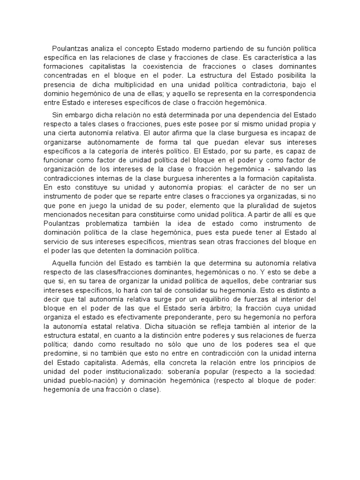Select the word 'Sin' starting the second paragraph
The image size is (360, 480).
58,116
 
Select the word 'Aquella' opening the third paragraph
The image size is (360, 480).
64,272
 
